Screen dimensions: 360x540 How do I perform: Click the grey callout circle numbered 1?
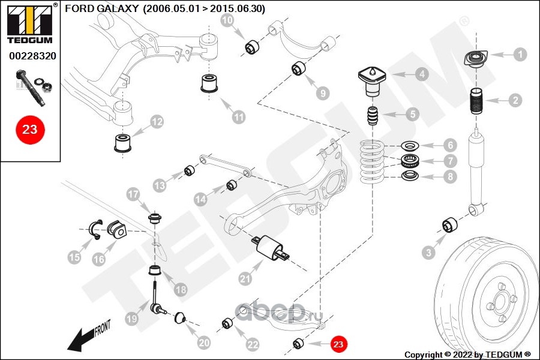tap(520, 54)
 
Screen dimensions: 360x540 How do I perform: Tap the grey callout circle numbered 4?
tap(422, 74)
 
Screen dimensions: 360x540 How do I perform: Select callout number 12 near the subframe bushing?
tap(157, 122)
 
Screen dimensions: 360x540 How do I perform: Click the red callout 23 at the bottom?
tap(338, 344)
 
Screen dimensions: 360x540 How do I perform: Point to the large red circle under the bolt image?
tap(30, 129)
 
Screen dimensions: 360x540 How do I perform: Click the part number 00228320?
tap(32, 55)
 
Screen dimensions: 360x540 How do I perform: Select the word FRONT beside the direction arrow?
tap(102, 327)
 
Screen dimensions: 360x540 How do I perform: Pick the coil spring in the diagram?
tap(374, 160)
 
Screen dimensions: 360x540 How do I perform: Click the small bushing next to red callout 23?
tap(298, 343)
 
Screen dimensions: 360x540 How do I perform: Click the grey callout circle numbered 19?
tap(132, 320)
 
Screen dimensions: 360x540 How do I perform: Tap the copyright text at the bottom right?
tap(468, 354)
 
